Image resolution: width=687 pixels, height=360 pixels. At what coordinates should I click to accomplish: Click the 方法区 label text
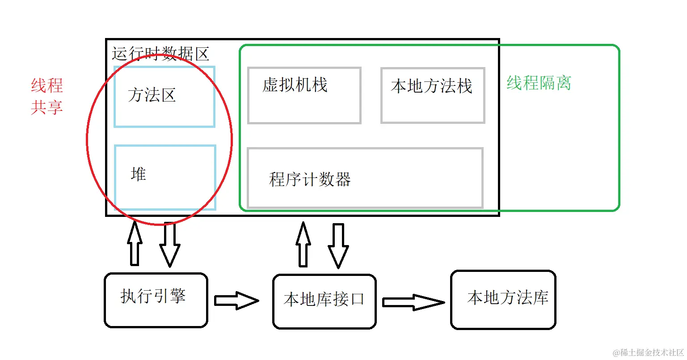pyautogui.click(x=152, y=95)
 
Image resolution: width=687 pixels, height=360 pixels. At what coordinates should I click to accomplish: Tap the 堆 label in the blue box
pyautogui.click(x=139, y=174)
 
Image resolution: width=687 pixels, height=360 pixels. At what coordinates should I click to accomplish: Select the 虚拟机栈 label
pyautogui.click(x=295, y=85)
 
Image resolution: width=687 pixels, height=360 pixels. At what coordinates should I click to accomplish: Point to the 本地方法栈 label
pyautogui.click(x=431, y=86)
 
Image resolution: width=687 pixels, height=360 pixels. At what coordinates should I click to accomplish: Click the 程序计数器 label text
pyautogui.click(x=310, y=179)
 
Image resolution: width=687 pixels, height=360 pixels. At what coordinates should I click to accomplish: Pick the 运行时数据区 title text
pyautogui.click(x=160, y=54)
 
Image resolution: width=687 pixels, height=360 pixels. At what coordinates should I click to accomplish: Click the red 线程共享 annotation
pyautogui.click(x=47, y=96)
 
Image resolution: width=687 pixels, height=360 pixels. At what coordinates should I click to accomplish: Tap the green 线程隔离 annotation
pyautogui.click(x=539, y=83)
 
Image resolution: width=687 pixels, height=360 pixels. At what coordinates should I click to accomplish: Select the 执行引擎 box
pyautogui.click(x=156, y=300)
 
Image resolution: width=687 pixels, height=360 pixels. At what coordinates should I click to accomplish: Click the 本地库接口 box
pyautogui.click(x=325, y=301)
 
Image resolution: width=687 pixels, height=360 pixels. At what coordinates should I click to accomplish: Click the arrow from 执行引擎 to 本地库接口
pyautogui.click(x=236, y=301)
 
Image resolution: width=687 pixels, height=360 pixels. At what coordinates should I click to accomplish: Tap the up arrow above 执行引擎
pyautogui.click(x=135, y=243)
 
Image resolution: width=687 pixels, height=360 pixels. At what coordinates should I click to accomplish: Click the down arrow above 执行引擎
pyautogui.click(x=170, y=244)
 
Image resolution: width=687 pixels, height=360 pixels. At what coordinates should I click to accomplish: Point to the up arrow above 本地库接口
pyautogui.click(x=303, y=244)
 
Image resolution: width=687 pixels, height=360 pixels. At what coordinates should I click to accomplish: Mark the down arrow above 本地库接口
pyautogui.click(x=338, y=246)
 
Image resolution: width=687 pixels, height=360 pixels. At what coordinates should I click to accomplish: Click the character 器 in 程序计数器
pyautogui.click(x=342, y=179)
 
